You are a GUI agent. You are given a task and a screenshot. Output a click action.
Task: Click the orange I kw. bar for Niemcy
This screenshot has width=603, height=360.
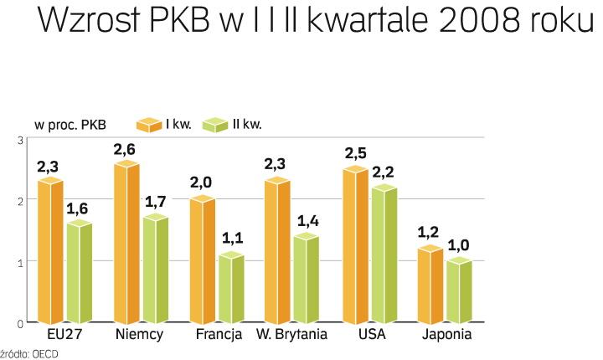[126, 243]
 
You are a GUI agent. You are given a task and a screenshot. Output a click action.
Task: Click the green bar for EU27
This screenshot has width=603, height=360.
[79, 273]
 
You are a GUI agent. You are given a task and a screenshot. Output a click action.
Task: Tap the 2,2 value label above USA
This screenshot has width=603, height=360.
[384, 172]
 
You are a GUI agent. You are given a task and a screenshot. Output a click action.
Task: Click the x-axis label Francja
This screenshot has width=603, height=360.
[219, 335]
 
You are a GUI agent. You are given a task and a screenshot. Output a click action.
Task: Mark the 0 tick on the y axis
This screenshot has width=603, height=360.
[20, 322]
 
